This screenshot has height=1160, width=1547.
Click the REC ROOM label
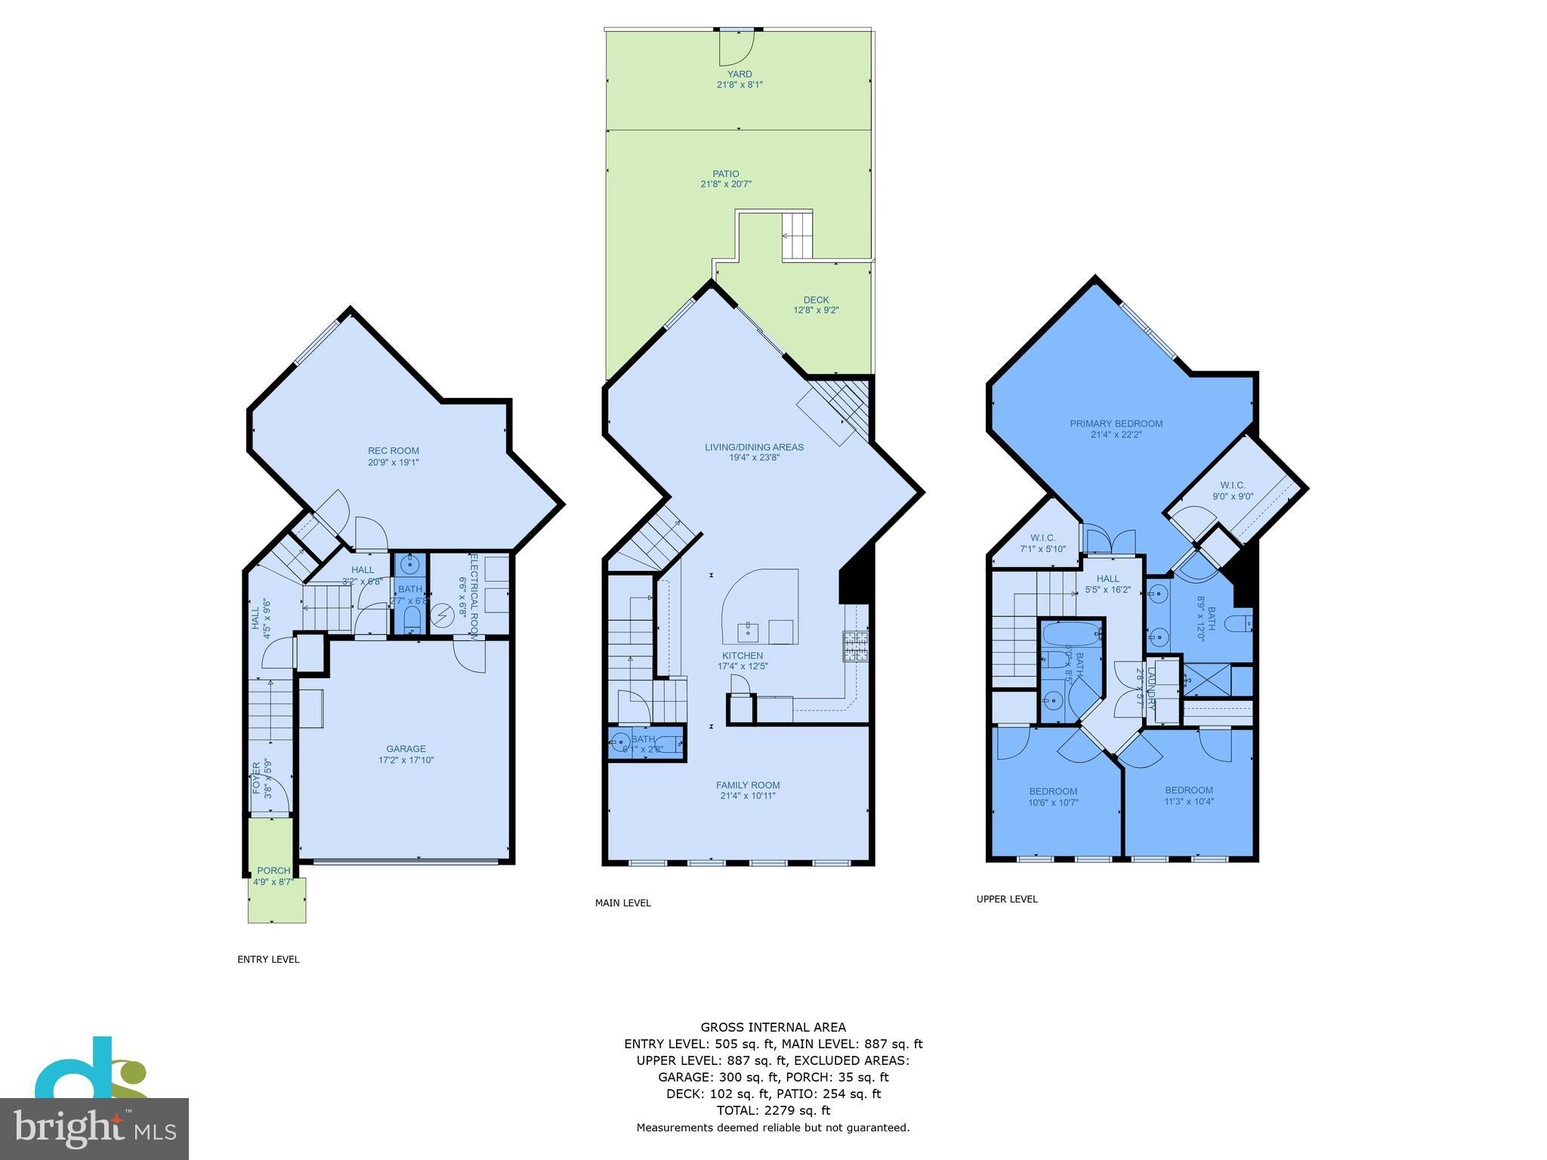(393, 451)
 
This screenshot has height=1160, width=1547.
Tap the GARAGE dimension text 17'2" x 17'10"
(406, 760)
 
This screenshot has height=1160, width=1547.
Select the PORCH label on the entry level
(273, 871)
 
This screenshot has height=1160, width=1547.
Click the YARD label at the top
(740, 74)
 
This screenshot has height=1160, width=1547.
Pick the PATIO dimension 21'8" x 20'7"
(725, 184)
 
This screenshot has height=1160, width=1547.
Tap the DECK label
(816, 300)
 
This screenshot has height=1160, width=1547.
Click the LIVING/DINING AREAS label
(754, 447)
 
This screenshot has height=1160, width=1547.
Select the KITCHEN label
(743, 656)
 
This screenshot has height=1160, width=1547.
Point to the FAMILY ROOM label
(748, 785)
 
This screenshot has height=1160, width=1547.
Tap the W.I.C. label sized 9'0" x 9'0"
(1232, 486)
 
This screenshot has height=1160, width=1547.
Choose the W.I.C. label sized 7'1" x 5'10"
(1042, 538)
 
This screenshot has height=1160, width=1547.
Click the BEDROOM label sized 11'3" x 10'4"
(1188, 790)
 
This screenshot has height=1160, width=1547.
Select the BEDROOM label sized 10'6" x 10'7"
(1053, 791)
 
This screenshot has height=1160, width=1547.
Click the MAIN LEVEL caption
(622, 902)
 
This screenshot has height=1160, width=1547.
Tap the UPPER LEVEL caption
(1007, 899)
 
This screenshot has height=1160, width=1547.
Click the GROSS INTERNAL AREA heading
(773, 1027)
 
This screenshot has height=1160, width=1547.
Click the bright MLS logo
(94, 1128)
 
